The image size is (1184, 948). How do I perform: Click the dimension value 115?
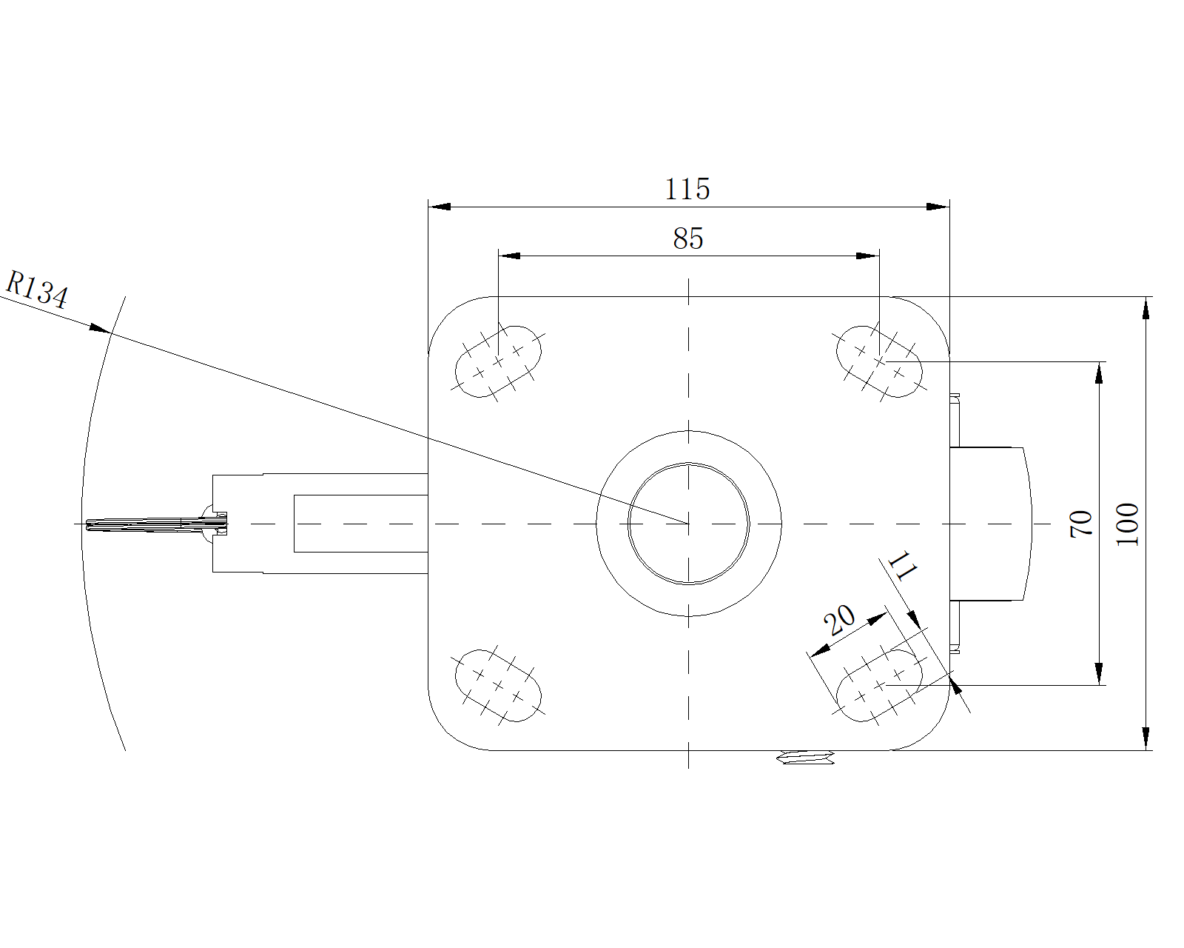(x=687, y=190)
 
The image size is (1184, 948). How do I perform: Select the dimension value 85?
(x=687, y=239)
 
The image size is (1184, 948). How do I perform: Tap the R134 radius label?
(x=37, y=290)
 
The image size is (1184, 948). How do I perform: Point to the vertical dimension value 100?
(x=1128, y=524)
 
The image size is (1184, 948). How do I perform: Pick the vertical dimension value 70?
(x=1081, y=524)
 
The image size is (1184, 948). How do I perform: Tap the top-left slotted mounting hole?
(x=498, y=361)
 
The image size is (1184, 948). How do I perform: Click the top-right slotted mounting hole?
(x=879, y=361)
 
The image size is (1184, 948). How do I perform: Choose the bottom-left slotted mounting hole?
(x=498, y=685)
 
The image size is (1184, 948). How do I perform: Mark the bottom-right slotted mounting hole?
(x=879, y=685)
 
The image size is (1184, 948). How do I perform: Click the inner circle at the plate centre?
(x=688, y=524)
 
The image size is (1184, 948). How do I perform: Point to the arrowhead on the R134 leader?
(x=101, y=327)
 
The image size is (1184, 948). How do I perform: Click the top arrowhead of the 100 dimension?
(x=1146, y=307)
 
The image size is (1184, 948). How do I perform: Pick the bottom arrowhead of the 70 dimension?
(x=1100, y=674)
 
